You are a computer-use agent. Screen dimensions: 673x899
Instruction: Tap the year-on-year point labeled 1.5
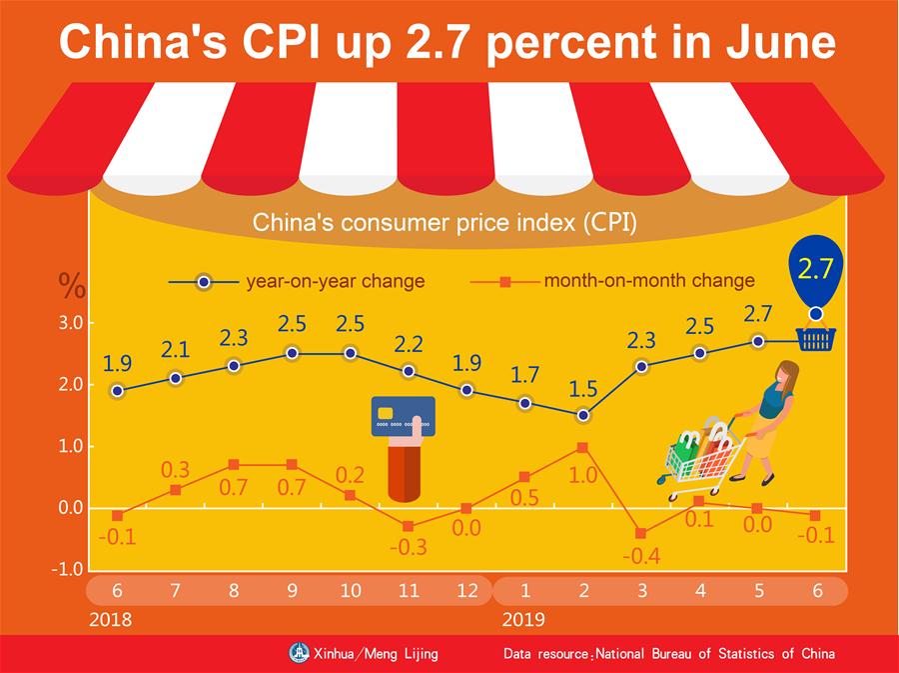coord(583,415)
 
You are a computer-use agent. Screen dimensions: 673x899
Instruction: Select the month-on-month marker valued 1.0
coord(583,447)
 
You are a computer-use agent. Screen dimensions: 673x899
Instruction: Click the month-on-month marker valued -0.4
coord(641,533)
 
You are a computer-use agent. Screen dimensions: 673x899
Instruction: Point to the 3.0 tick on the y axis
coord(69,323)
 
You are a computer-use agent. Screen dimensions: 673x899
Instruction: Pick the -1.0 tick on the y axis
coord(69,569)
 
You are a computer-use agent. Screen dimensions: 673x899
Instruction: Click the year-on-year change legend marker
coord(204,282)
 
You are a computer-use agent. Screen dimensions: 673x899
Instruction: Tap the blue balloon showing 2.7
coord(816,269)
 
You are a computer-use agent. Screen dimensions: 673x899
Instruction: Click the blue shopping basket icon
coord(816,341)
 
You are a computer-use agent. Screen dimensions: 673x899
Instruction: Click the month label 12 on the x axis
coord(466,591)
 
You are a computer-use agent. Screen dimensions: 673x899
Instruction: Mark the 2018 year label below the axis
coord(110,619)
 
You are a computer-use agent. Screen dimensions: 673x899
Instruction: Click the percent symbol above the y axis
coord(71,286)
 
